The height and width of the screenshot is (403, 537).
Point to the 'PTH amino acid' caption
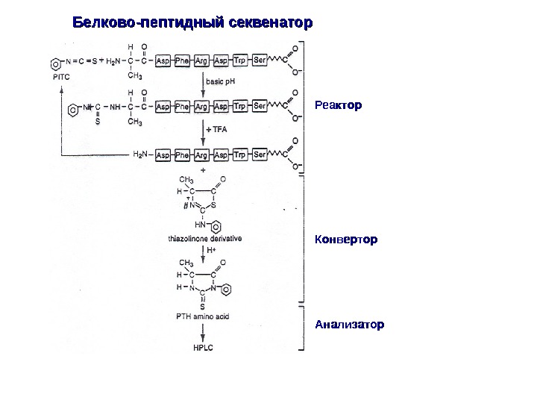202,317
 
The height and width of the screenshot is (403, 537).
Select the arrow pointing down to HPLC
204,333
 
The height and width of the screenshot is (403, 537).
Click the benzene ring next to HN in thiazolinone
215,225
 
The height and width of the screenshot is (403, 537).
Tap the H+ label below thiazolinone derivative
211,250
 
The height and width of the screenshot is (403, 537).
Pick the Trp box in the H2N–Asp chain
240,155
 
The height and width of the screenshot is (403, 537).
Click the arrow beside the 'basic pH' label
204,82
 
